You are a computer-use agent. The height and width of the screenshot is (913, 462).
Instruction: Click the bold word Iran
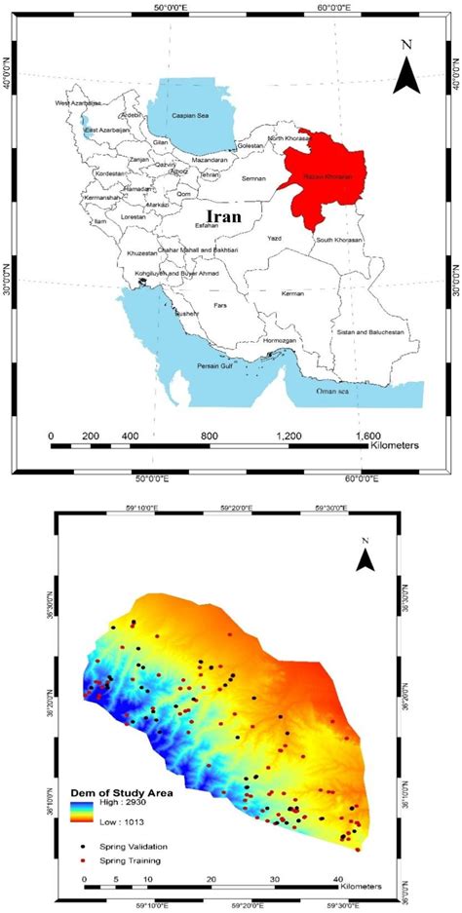coord(224,214)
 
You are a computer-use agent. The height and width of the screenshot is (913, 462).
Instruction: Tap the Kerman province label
coord(321,293)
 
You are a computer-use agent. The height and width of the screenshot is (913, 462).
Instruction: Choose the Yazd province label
coord(274,237)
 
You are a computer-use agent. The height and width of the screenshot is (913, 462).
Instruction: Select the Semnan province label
coord(253,178)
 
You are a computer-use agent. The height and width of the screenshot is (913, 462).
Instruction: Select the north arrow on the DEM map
coord(366,557)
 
